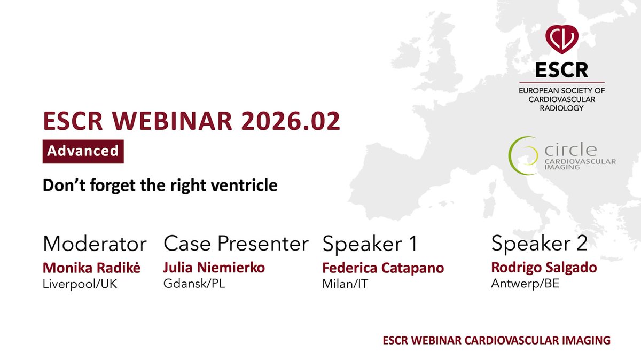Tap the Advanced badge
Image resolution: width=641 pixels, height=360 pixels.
[83, 151]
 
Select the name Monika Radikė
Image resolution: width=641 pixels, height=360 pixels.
[91, 268]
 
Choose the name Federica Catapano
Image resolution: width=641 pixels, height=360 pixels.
[383, 268]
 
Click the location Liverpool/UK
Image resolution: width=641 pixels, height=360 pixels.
[80, 284]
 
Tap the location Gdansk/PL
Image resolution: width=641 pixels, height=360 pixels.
[194, 284]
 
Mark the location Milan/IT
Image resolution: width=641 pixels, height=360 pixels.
[346, 284]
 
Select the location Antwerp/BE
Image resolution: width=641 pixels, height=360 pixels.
[525, 284]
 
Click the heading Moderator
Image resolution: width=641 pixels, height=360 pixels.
[95, 244]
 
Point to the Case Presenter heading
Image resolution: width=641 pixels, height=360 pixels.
[236, 244]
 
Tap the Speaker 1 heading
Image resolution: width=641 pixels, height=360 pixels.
[369, 244]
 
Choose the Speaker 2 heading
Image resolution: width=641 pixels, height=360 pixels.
[539, 244]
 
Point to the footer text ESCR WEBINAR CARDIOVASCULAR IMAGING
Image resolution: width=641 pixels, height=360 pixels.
[496, 340]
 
